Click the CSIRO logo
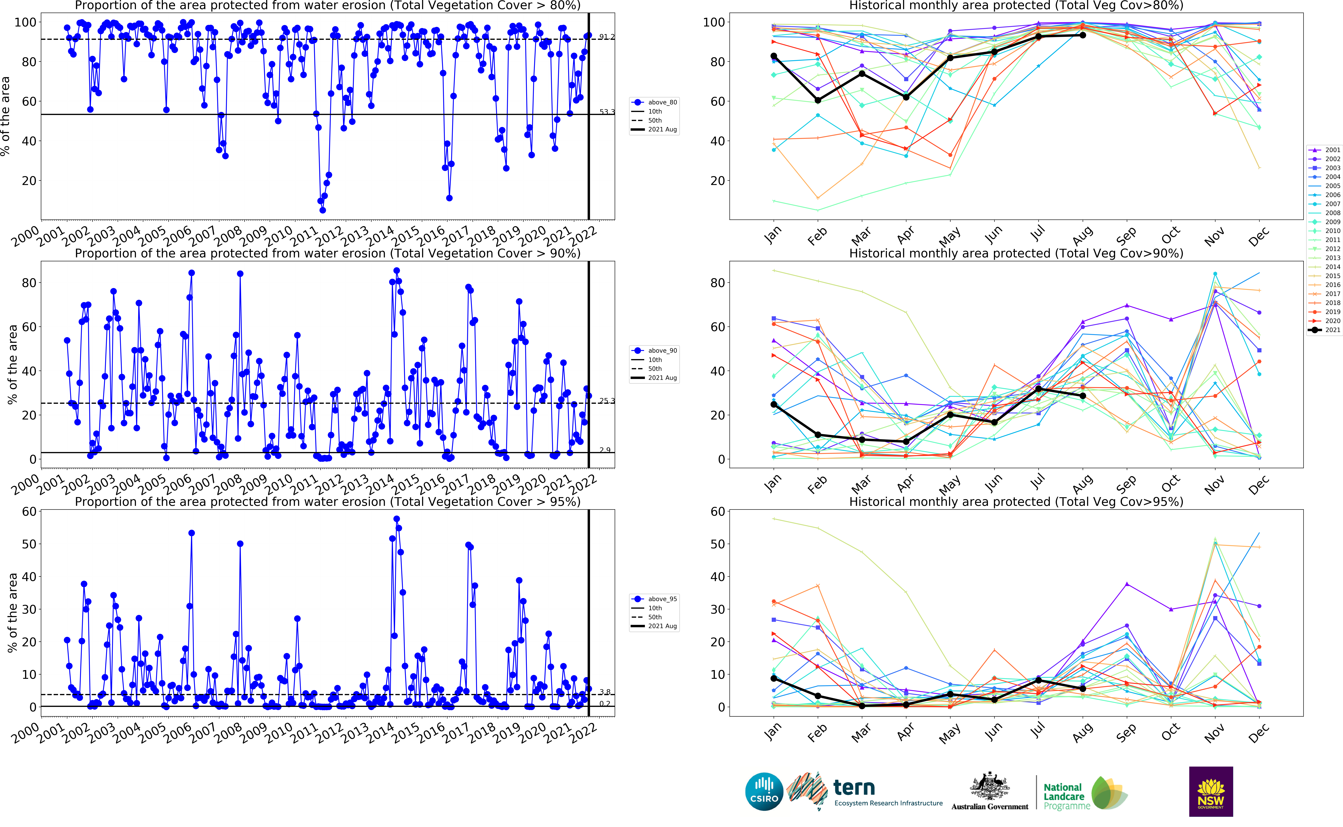coord(764,791)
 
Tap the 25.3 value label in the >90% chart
coord(606,401)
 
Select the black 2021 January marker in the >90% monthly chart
coord(773,404)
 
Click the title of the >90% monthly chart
coord(1016,253)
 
